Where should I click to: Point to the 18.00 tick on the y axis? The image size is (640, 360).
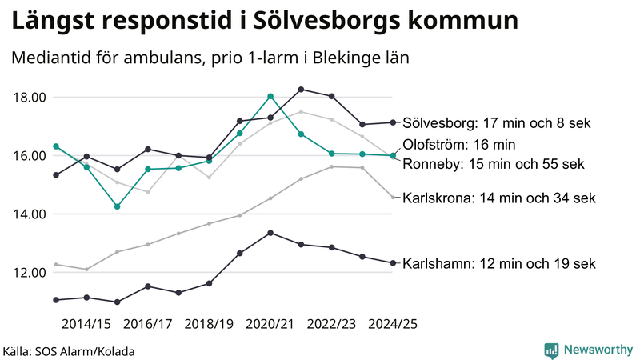point(30,98)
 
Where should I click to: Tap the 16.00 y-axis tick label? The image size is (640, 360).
point(30,156)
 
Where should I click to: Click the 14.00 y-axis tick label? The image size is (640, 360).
point(30,214)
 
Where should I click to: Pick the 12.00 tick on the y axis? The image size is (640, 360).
point(30,273)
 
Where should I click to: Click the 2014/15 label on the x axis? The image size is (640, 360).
point(86,324)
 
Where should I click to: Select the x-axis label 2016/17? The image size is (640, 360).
point(147,324)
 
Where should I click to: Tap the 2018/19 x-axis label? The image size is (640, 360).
point(209,324)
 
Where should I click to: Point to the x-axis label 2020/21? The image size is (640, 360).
point(270,324)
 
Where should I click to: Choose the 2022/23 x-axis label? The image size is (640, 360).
point(332,324)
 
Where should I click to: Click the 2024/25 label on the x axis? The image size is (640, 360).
point(393,324)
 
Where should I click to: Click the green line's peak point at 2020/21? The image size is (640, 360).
point(270,96)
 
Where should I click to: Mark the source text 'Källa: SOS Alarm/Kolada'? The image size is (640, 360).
point(69,350)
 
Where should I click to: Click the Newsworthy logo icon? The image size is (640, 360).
point(551,350)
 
